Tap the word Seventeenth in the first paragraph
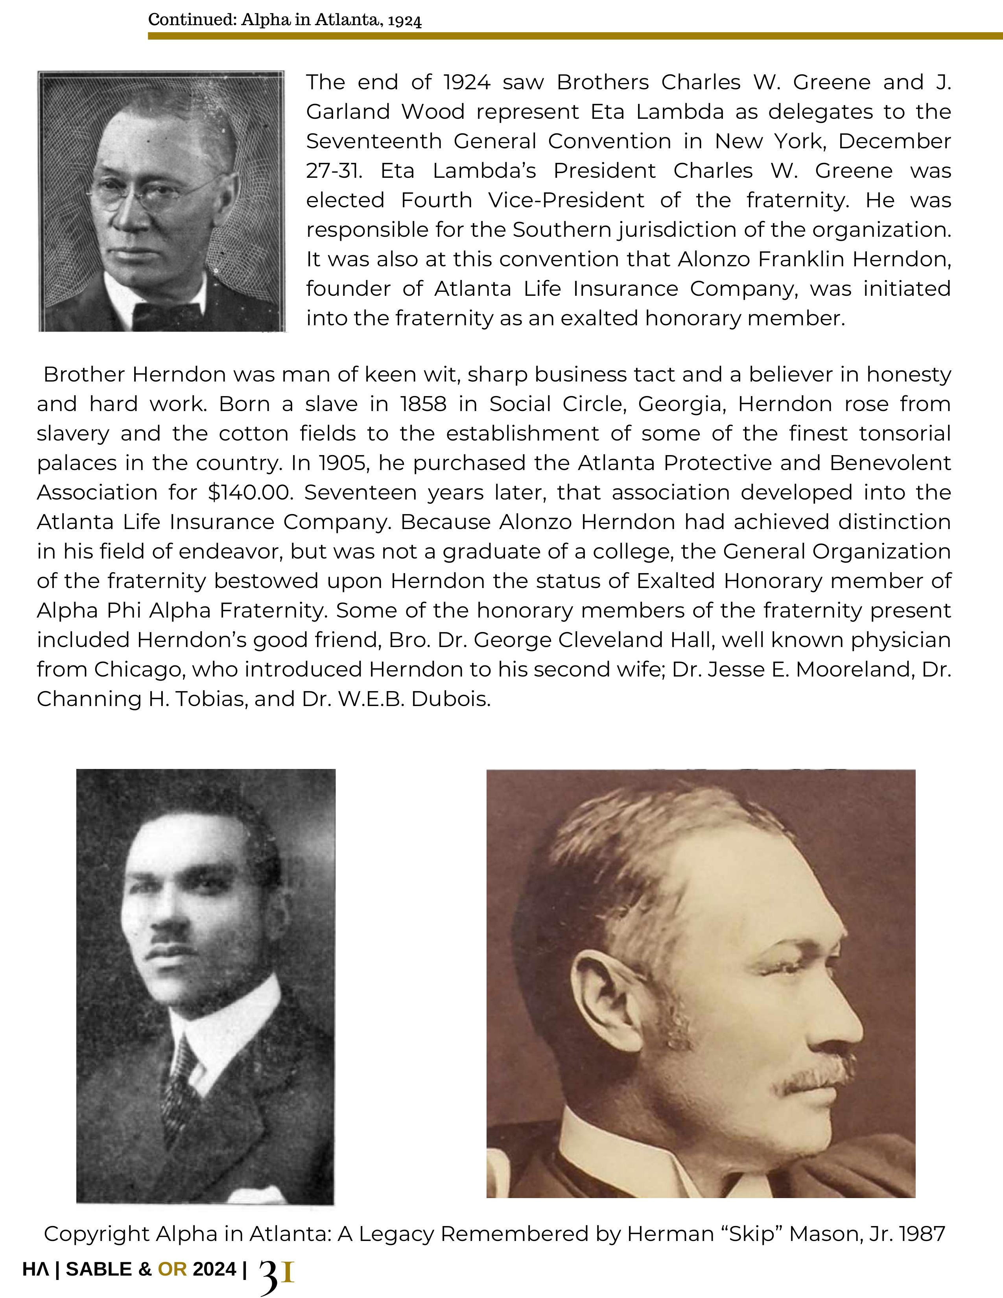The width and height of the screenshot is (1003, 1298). tap(374, 142)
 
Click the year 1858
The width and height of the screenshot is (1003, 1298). tap(423, 404)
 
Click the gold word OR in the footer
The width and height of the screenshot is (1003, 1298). tap(172, 1269)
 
